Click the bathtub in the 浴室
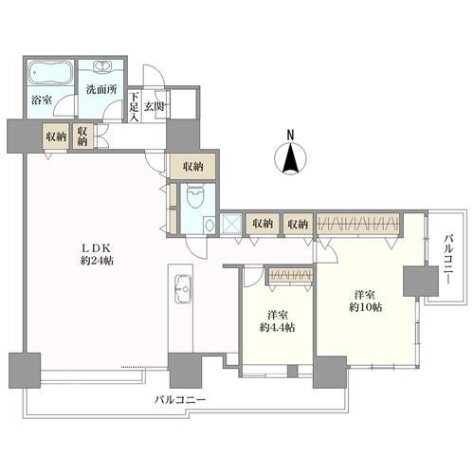click(50, 73)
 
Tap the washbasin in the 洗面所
click(102, 67)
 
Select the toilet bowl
click(194, 197)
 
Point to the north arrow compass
click(290, 158)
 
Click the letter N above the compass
click(290, 135)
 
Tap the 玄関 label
click(155, 107)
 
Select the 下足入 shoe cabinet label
click(135, 107)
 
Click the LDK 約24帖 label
click(96, 255)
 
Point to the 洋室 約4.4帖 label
click(278, 321)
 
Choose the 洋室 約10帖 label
click(365, 301)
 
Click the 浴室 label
click(42, 100)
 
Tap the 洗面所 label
click(101, 90)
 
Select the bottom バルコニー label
click(180, 400)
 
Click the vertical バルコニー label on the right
click(448, 260)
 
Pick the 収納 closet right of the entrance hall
click(193, 167)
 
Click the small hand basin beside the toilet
click(209, 225)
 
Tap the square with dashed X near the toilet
click(231, 225)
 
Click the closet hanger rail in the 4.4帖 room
click(290, 275)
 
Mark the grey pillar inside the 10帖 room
click(421, 281)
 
